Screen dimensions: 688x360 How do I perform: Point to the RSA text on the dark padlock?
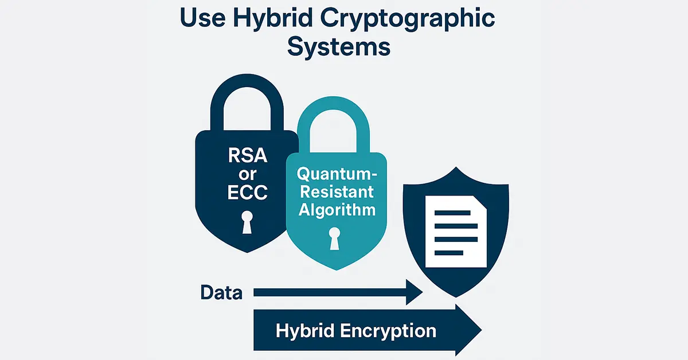point(248,155)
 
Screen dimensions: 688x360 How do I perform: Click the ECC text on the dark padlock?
point(248,192)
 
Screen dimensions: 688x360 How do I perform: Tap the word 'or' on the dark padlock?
point(248,175)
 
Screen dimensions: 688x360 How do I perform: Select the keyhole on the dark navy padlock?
point(247,222)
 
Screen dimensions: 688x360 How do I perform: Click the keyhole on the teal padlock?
point(334,238)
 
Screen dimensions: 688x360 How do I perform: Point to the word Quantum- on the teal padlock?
point(337,174)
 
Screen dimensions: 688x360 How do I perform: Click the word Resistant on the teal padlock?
point(337,191)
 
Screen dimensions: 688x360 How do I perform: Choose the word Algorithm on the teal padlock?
point(337,210)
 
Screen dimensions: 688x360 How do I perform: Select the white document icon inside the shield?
point(456,232)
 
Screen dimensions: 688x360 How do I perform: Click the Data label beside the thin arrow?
point(221,292)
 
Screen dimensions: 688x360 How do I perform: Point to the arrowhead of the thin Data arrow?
point(414,292)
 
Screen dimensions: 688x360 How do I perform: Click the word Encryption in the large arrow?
point(388,331)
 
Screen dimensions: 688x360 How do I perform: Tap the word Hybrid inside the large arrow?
point(304,331)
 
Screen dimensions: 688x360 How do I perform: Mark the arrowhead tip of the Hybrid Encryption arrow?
point(481,330)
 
